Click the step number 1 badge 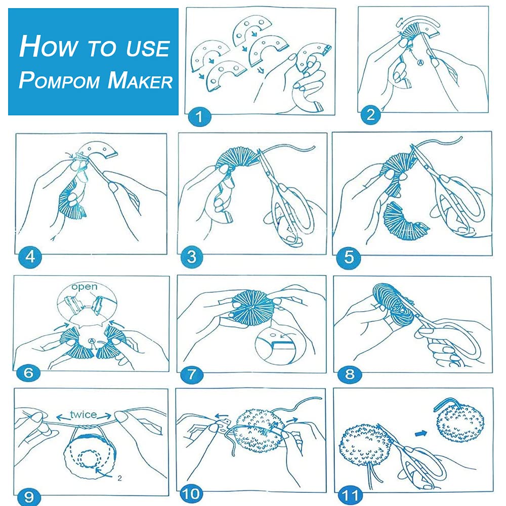199,116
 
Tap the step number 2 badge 370,114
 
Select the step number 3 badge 192,257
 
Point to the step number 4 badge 30,257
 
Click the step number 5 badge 349,257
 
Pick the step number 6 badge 28,373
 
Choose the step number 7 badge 192,374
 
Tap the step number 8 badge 350,374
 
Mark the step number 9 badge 29,496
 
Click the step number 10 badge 192,494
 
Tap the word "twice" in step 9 83,414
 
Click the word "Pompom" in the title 59,80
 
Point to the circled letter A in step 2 420,63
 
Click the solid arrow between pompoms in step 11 421,434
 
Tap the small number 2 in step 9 119,478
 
